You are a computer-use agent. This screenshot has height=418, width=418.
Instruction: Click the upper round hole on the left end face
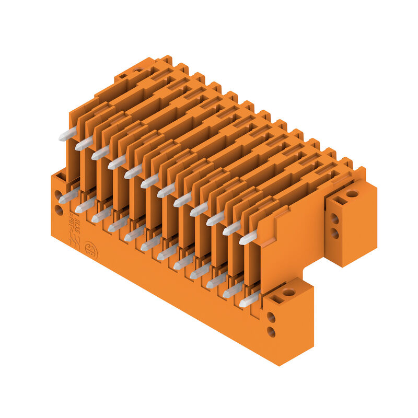(59, 195)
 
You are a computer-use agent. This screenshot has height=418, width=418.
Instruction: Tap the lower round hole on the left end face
(59, 210)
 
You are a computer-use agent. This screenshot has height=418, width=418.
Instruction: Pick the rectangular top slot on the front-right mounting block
(275, 299)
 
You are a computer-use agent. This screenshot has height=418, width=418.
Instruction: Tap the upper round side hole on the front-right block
(271, 317)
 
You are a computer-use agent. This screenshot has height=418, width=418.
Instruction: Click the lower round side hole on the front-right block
(271, 331)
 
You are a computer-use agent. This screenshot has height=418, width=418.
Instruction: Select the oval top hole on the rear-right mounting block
(352, 194)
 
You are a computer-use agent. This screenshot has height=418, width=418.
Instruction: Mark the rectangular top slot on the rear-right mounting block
(339, 200)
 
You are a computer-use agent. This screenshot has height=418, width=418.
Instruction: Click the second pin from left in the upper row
(84, 144)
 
